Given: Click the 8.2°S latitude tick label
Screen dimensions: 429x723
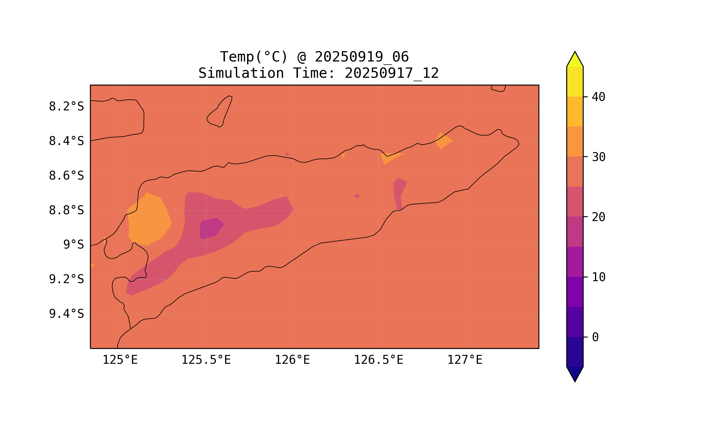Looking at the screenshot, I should (x=66, y=107).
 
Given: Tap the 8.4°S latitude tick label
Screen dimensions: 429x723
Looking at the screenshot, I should (x=66, y=142).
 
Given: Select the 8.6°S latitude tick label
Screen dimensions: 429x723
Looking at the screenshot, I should (x=66, y=176).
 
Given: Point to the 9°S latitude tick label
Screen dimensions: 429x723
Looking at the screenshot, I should (x=73, y=245).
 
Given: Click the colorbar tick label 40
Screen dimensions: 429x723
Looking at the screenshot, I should (x=598, y=98).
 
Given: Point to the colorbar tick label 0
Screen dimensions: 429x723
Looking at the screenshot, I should (x=595, y=337).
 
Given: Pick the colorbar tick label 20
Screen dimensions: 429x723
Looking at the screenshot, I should (x=598, y=217).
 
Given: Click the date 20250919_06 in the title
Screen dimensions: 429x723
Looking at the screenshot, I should (x=362, y=57).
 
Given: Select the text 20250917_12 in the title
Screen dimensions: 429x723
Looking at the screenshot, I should (x=392, y=74).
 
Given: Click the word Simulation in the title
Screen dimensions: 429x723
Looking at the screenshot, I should (x=241, y=74).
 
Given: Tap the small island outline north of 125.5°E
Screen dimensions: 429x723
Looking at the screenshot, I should (x=220, y=112).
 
